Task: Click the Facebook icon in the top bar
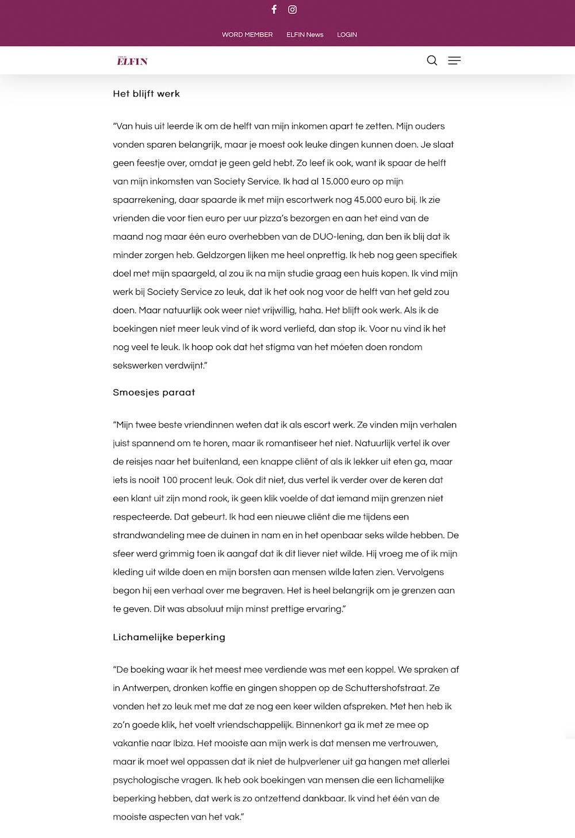[x=274, y=9]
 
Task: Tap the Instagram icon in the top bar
[x=293, y=9]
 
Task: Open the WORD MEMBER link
[x=247, y=34]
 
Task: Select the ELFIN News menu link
[x=305, y=34]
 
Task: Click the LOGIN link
[x=347, y=34]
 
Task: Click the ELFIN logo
[x=132, y=60]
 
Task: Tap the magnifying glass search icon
[x=432, y=60]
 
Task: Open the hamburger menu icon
[x=454, y=60]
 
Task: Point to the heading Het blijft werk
[x=147, y=94]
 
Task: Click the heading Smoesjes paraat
[x=154, y=393]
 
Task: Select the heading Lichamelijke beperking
[x=169, y=637]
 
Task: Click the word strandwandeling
[x=149, y=535]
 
